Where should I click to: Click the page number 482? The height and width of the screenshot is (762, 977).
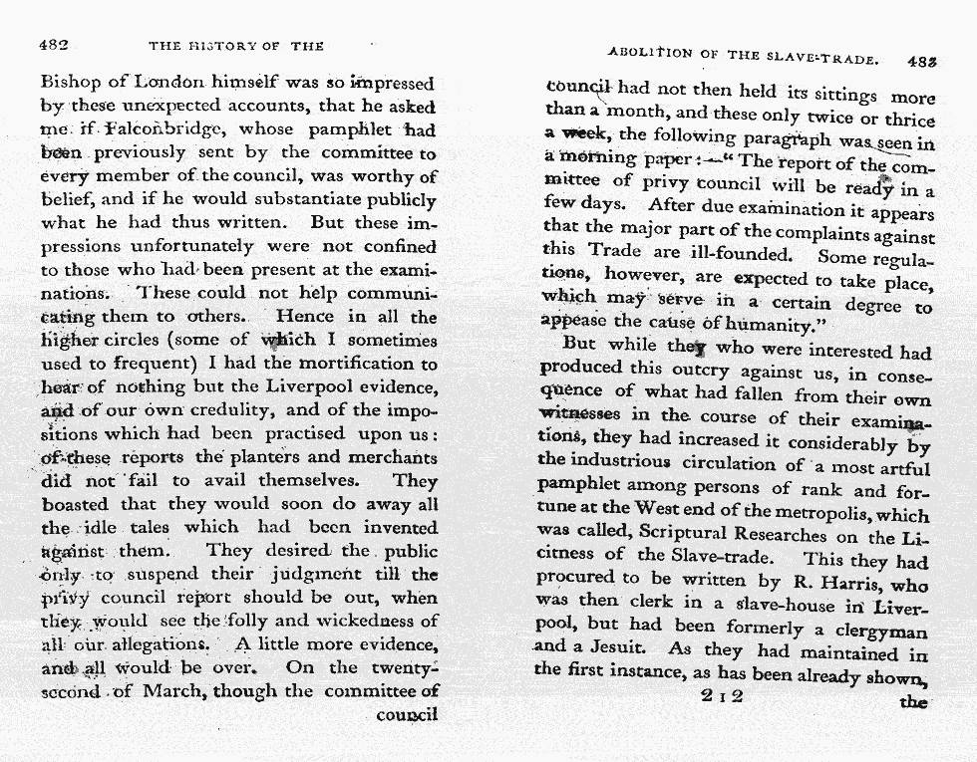click(53, 46)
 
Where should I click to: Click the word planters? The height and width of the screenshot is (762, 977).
click(250, 457)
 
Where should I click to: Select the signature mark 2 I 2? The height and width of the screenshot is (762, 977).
click(722, 696)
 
